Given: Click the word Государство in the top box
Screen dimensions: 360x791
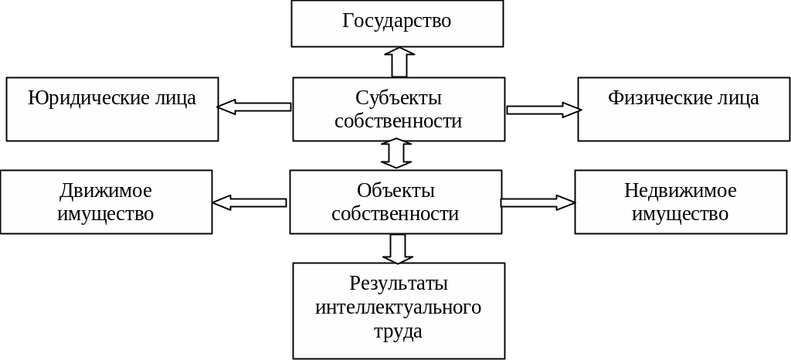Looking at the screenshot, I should pyautogui.click(x=396, y=21).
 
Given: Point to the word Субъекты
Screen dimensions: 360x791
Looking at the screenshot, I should pyautogui.click(x=399, y=98).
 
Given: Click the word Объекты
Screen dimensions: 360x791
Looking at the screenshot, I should pyautogui.click(x=395, y=191).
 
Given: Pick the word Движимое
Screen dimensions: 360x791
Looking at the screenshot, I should pyautogui.click(x=106, y=191).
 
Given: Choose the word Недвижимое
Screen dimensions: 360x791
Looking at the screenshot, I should pyautogui.click(x=680, y=191).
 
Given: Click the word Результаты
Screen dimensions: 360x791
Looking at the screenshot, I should pyautogui.click(x=398, y=284).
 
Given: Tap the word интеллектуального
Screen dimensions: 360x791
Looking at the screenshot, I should pyautogui.click(x=398, y=307).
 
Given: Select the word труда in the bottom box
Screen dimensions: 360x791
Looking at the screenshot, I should pyautogui.click(x=398, y=331).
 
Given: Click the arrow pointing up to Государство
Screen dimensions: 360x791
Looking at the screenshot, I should pyautogui.click(x=399, y=62).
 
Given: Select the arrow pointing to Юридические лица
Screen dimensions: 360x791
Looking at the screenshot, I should pyautogui.click(x=254, y=107).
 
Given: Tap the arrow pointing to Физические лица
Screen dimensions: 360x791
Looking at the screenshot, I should pyautogui.click(x=543, y=110).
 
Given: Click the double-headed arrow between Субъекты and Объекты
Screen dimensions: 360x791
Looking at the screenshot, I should pyautogui.click(x=397, y=154).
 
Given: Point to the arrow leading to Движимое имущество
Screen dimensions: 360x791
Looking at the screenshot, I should pyautogui.click(x=250, y=202).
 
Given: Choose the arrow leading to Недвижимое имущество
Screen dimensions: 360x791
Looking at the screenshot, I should pyautogui.click(x=538, y=202).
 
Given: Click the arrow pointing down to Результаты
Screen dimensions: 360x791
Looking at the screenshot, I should pyautogui.click(x=398, y=248).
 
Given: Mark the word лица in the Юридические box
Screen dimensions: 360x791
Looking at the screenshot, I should pyautogui.click(x=178, y=98).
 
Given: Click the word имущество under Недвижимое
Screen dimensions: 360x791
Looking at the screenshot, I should pyautogui.click(x=680, y=214).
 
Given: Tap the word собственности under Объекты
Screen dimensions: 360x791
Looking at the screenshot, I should pyautogui.click(x=395, y=214).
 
